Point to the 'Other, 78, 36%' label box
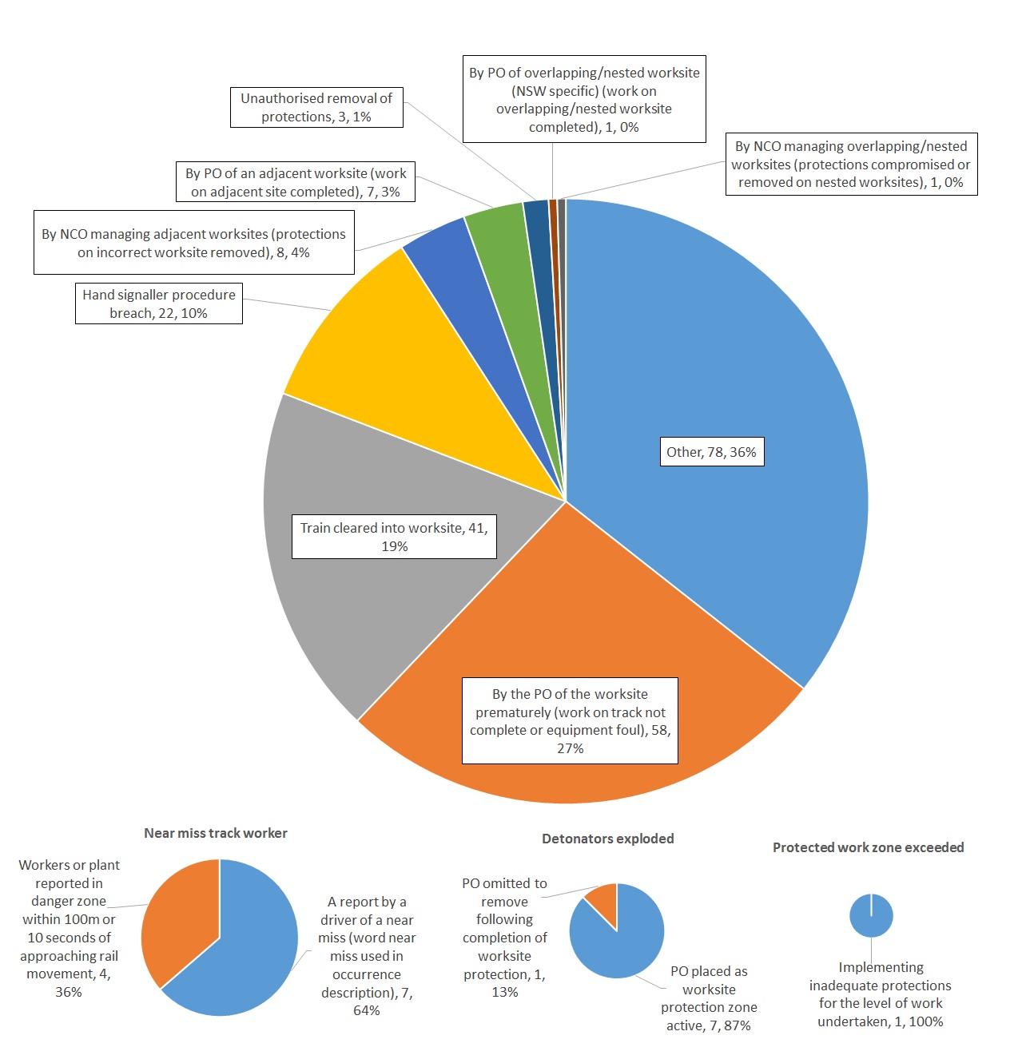pyautogui.click(x=711, y=452)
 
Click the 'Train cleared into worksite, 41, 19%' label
pyautogui.click(x=394, y=537)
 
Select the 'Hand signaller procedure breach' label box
pyautogui.click(x=159, y=303)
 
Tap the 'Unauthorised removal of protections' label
pyautogui.click(x=316, y=107)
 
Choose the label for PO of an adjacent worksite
pyautogui.click(x=296, y=182)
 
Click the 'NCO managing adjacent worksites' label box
pyautogui.click(x=194, y=243)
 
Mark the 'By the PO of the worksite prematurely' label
pyautogui.click(x=570, y=720)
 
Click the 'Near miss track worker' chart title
pyautogui.click(x=216, y=833)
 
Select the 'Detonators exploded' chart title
pyautogui.click(x=608, y=839)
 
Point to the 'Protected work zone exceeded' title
pyautogui.click(x=869, y=847)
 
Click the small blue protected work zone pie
pyautogui.click(x=871, y=917)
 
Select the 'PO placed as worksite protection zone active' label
pyautogui.click(x=709, y=998)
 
